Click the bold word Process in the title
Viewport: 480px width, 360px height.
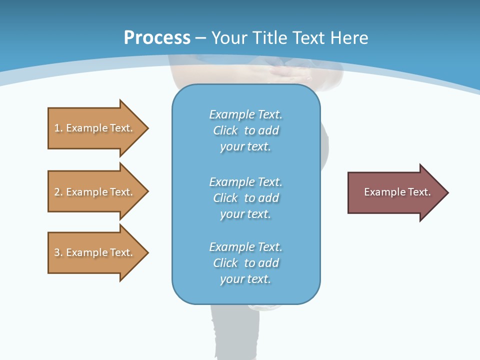[157, 38]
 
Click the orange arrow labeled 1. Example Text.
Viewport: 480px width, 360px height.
[98, 128]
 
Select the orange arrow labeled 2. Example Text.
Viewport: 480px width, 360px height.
[98, 191]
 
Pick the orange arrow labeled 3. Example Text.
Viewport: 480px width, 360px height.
[98, 252]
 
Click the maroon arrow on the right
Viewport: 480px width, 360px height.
[398, 192]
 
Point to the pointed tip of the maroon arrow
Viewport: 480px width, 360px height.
[449, 192]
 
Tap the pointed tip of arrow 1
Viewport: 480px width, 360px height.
[149, 128]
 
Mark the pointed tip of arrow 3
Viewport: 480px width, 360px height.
[149, 252]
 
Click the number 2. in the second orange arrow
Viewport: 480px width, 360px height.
[58, 192]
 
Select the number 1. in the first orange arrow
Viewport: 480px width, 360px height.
[58, 128]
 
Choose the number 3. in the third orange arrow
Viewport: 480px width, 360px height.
[58, 252]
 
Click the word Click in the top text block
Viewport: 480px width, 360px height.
[225, 130]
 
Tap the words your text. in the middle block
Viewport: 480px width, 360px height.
[245, 214]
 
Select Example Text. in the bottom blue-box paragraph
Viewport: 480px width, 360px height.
[246, 246]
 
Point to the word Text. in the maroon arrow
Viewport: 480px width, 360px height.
[419, 192]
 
